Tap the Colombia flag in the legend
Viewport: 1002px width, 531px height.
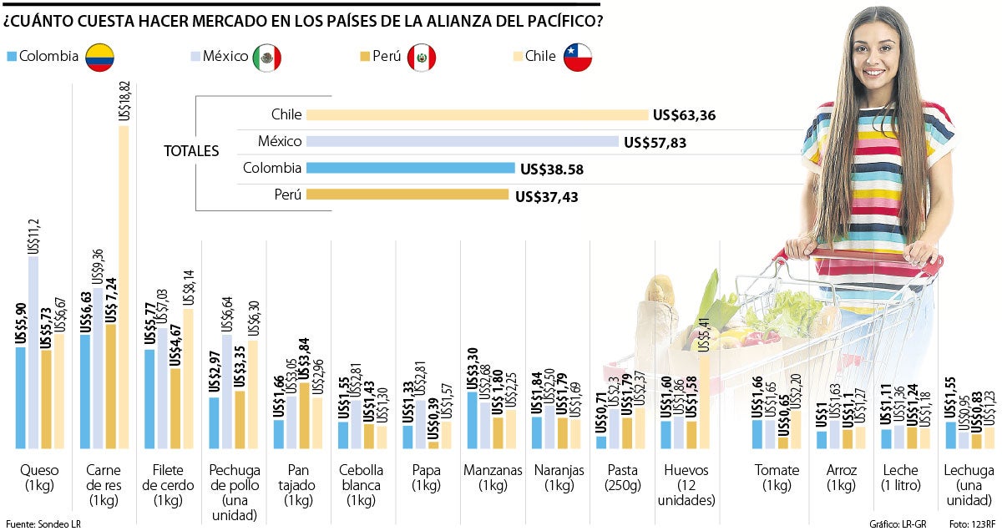(100, 57)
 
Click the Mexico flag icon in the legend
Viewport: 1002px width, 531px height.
(267, 57)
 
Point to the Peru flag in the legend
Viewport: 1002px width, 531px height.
(422, 57)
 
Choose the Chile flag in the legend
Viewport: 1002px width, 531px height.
(577, 57)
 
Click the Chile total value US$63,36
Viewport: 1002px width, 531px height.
(686, 115)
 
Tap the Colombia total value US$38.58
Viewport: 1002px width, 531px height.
(551, 169)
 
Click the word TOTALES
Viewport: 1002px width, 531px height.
(191, 151)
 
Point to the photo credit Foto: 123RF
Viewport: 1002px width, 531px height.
(972, 523)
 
